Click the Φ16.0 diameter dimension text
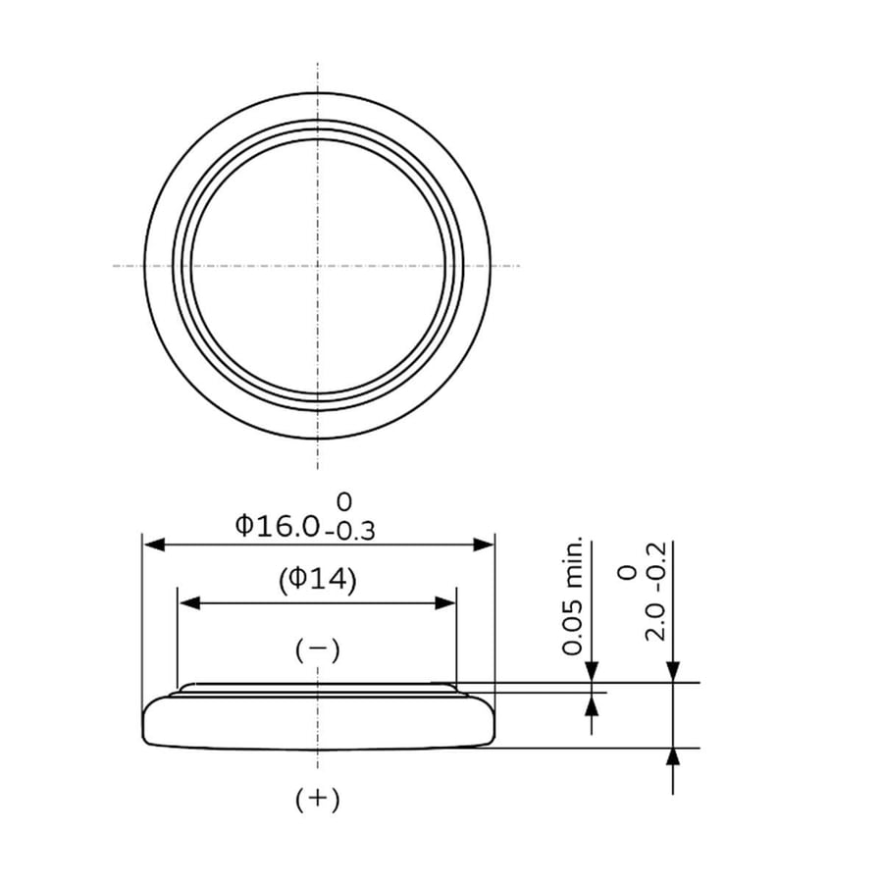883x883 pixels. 277,526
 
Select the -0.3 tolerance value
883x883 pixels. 349,531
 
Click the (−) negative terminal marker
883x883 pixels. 318,650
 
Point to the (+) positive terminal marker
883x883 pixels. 318,799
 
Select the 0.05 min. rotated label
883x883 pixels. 572,597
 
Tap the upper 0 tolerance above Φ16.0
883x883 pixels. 343,501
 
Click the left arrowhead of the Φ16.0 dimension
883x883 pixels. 154,545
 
